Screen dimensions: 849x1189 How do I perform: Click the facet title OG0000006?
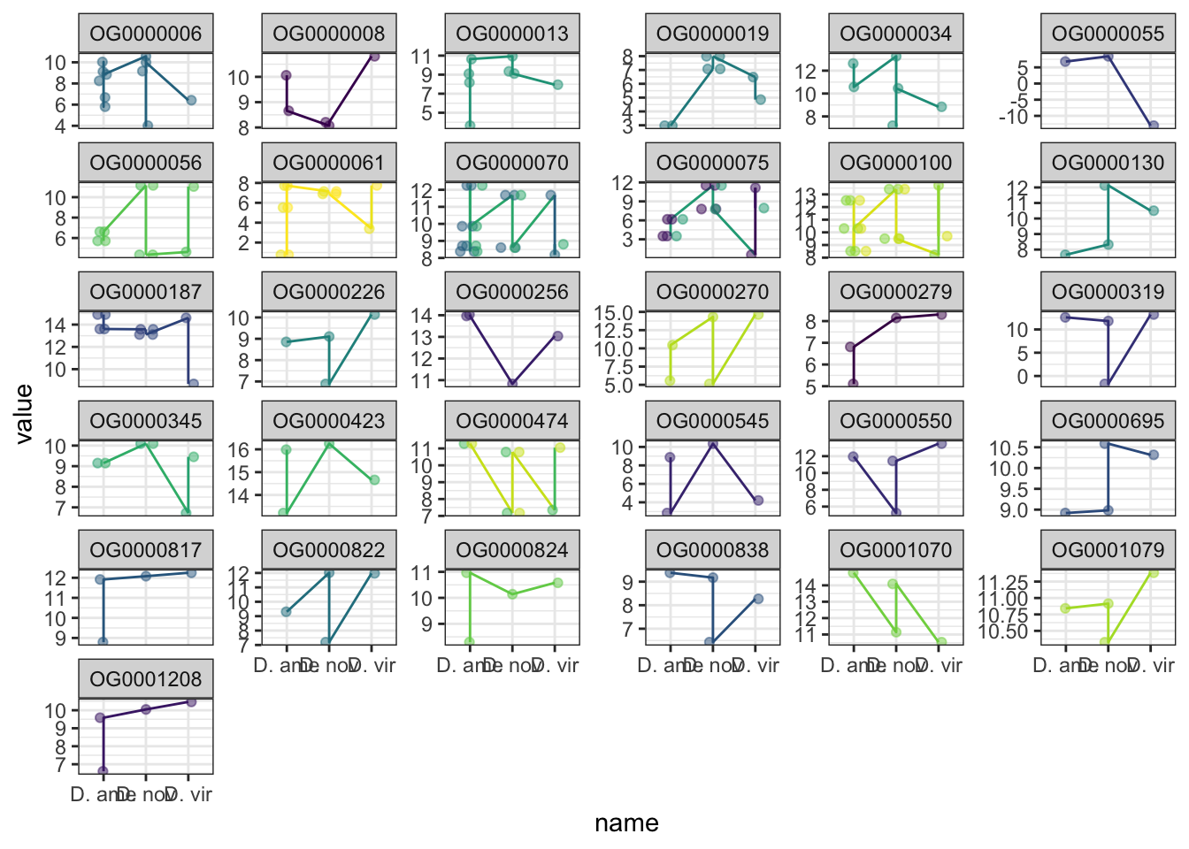click(146, 34)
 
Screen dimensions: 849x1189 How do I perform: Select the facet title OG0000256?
click(512, 292)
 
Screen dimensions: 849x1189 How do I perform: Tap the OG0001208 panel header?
click(146, 679)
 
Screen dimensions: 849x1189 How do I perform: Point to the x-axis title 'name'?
click(626, 823)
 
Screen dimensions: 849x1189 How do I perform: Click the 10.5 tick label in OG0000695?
click(1009, 448)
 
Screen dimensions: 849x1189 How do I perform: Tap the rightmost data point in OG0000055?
click(1153, 126)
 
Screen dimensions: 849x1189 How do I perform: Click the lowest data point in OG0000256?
click(512, 384)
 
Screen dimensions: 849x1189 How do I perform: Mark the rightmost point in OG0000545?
click(758, 501)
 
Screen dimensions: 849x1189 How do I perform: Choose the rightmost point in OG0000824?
click(557, 583)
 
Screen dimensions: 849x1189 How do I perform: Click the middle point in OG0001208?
click(146, 709)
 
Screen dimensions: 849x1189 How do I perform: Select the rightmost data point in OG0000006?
click(191, 101)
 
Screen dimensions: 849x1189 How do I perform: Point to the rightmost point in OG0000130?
click(1154, 210)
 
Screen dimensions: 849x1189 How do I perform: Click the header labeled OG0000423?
click(329, 421)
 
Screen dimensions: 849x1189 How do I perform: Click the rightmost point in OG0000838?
click(758, 599)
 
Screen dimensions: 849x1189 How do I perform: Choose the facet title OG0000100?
click(896, 163)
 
